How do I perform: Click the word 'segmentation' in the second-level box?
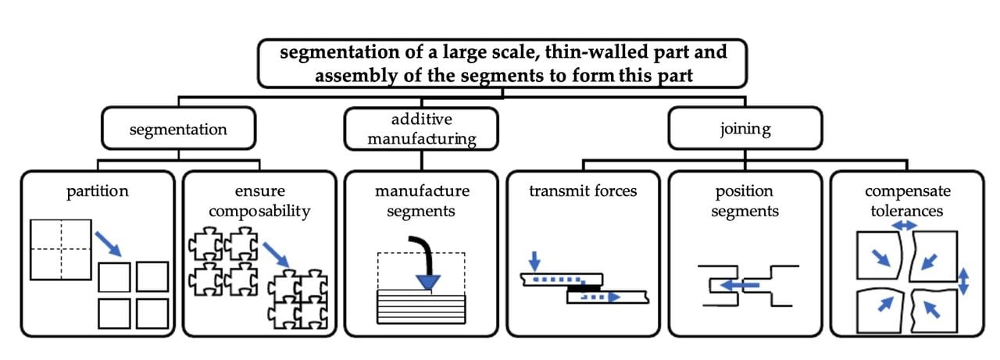pos(178,130)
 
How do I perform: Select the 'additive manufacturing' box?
pos(421,129)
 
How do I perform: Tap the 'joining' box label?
pos(745,129)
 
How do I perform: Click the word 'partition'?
pos(97,191)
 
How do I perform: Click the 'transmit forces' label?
pos(582,191)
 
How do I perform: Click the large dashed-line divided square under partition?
pos(61,249)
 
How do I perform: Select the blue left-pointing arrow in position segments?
pos(739,285)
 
